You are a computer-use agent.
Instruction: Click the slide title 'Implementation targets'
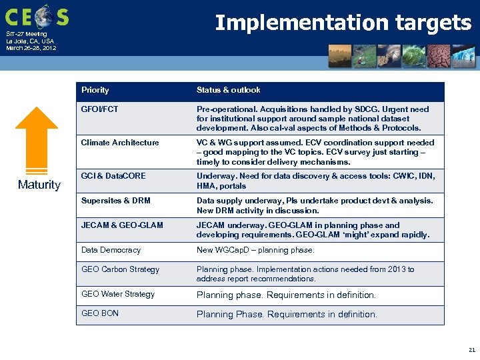(343, 23)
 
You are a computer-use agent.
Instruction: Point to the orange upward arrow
(37, 139)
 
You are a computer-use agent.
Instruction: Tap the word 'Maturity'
(39, 185)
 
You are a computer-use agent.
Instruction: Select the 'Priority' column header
(95, 90)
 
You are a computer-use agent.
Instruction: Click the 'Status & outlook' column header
(228, 90)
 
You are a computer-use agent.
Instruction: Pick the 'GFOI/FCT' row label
(99, 109)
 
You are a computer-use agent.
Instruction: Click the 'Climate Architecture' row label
(120, 143)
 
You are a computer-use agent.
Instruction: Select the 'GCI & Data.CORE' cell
(113, 176)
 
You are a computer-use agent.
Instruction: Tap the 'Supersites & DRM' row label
(115, 201)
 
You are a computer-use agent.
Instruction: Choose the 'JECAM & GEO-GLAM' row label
(121, 225)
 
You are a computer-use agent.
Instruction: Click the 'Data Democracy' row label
(111, 250)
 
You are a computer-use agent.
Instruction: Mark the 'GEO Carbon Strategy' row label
(120, 269)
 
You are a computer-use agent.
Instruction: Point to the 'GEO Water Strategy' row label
(117, 294)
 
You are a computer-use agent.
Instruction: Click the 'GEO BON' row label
(99, 313)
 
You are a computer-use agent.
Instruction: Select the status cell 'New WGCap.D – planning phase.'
(255, 250)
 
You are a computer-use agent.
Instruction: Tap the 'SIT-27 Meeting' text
(27, 34)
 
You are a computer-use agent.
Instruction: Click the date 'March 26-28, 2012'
(31, 48)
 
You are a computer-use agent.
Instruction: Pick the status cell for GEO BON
(286, 314)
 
